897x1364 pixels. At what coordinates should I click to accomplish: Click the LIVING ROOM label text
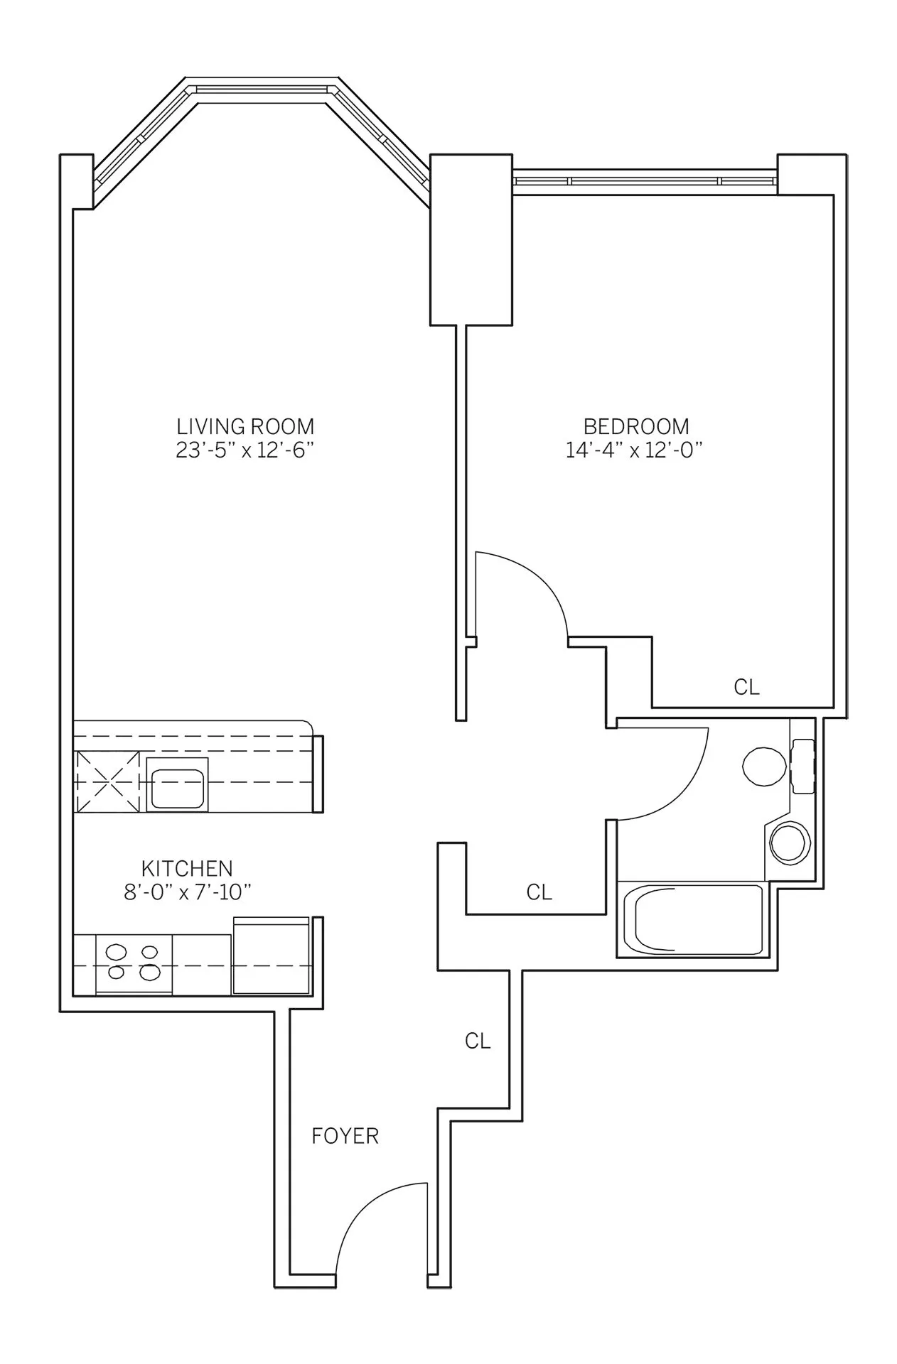point(245,427)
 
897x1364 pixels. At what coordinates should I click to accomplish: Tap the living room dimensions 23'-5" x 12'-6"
point(245,451)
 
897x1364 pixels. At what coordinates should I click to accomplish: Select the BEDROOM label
point(636,427)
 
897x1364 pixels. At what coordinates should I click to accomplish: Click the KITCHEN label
point(187,869)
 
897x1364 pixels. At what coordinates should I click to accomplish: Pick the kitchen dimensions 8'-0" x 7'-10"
point(188,893)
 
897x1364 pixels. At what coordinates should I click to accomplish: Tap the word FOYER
point(345,1136)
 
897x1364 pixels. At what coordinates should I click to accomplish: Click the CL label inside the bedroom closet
point(746,688)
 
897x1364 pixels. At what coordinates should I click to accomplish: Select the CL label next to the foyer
point(478,1041)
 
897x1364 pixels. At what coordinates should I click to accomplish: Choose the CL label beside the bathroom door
point(539,892)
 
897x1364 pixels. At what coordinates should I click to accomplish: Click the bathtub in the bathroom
point(691,921)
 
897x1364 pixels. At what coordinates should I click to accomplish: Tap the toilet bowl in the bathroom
point(765,767)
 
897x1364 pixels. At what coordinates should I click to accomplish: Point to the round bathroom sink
point(789,843)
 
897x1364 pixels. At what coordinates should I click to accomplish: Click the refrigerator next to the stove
point(272,956)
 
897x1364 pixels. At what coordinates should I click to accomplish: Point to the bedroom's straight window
point(644,181)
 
